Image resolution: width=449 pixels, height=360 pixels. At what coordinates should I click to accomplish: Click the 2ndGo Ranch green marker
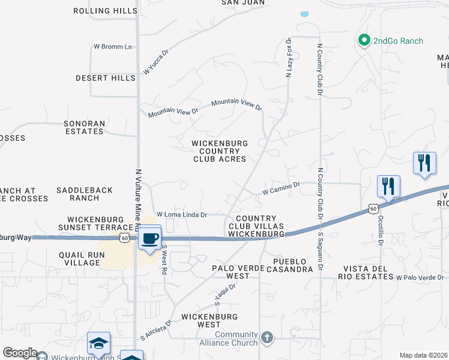363,41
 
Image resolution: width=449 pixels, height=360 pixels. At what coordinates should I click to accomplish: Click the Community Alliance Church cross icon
267,338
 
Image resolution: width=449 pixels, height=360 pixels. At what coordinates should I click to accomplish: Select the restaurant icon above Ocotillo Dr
388,186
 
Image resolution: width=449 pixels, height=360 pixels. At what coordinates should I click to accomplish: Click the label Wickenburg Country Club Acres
219,151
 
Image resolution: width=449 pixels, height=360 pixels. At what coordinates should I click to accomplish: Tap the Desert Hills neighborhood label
105,78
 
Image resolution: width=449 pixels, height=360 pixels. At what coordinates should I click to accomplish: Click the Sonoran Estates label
85,127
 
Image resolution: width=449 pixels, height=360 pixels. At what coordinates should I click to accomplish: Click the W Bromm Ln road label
112,47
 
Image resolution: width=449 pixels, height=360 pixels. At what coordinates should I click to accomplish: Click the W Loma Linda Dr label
181,214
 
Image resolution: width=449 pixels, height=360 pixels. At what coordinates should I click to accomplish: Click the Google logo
20,353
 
